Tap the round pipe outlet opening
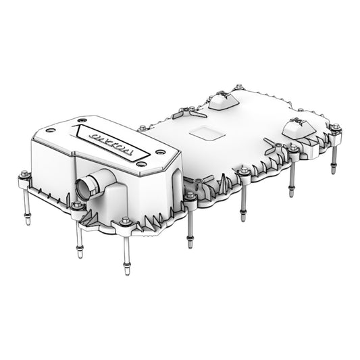point(86,186)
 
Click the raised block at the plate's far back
point(226,101)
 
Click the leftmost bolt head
point(23,174)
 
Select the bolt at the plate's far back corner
point(238,87)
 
